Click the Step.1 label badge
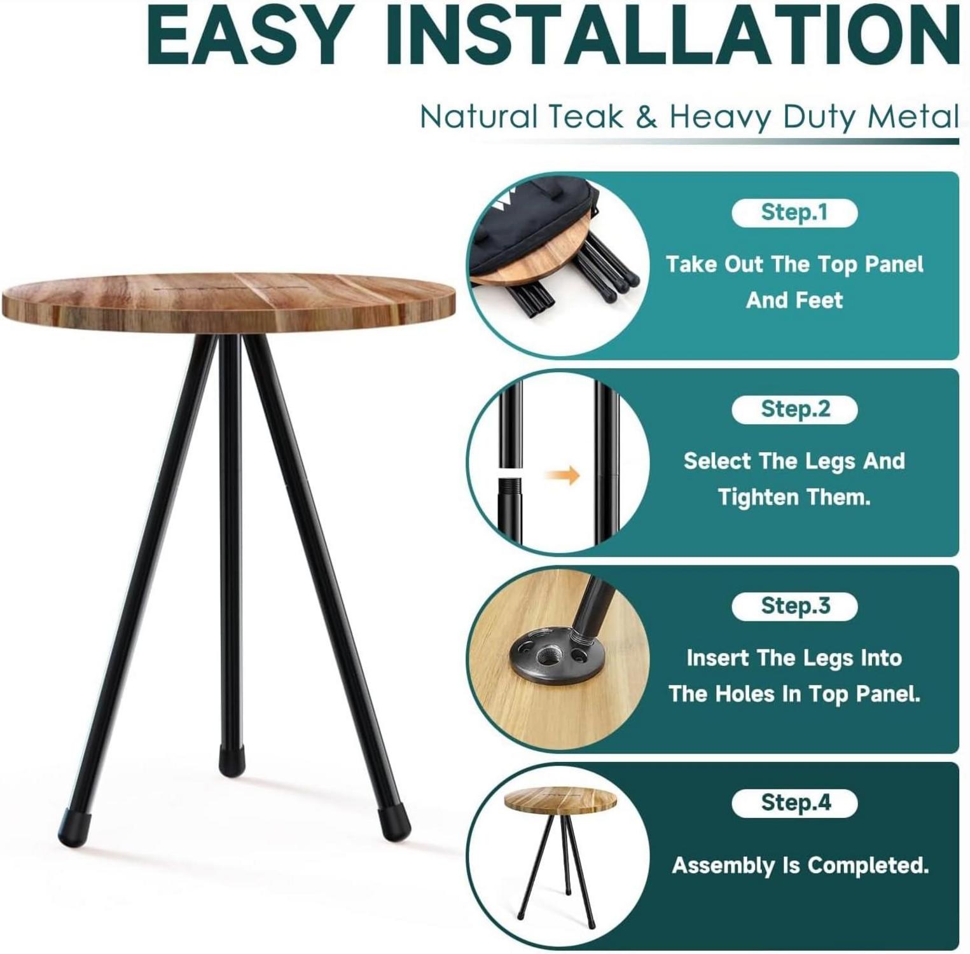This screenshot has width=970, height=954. [794, 212]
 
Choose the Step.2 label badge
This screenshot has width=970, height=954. [794, 409]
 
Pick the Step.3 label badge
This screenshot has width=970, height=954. [794, 606]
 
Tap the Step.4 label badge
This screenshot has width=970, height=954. [794, 803]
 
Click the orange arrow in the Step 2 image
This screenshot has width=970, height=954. [564, 475]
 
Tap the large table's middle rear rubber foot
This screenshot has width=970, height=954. [232, 759]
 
